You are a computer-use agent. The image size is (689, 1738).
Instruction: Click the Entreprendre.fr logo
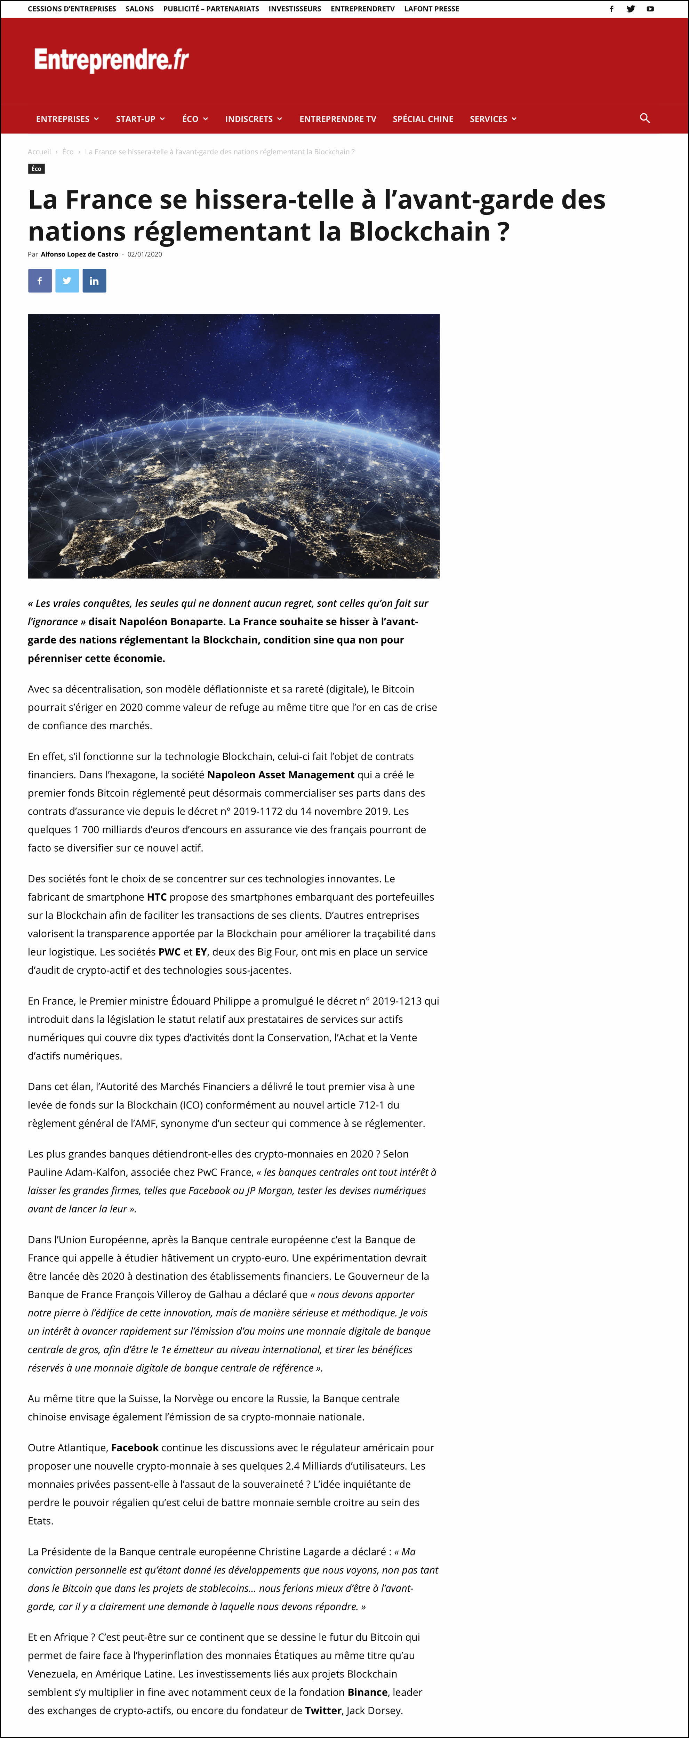click(x=111, y=60)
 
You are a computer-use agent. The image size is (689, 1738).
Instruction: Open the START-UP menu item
click(x=140, y=119)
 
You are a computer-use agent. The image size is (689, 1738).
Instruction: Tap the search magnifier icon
click(x=644, y=118)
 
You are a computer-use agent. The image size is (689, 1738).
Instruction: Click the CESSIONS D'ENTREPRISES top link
click(x=72, y=9)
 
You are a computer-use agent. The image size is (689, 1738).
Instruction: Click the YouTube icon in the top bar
click(x=650, y=9)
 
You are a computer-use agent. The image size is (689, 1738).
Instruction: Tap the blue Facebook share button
click(x=40, y=281)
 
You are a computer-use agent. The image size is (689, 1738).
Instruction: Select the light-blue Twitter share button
click(x=67, y=281)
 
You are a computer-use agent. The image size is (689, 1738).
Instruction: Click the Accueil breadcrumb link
click(x=39, y=152)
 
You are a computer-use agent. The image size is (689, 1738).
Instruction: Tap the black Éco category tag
click(x=37, y=169)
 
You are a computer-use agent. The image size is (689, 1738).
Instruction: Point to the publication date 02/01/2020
click(x=144, y=254)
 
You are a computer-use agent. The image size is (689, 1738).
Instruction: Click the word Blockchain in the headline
click(x=418, y=232)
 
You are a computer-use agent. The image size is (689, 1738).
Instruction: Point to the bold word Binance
click(x=367, y=1692)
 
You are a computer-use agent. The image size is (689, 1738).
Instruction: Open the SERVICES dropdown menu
click(x=492, y=119)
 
